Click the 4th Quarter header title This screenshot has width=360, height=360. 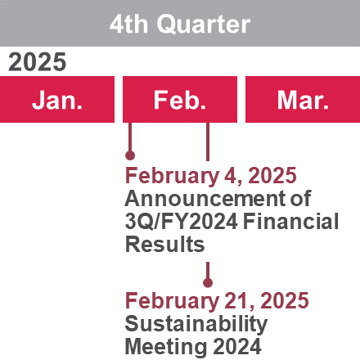click(180, 24)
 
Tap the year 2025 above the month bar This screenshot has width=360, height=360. click(38, 62)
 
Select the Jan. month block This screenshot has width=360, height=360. click(57, 99)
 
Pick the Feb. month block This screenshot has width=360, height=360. click(180, 99)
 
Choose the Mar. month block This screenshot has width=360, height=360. click(303, 99)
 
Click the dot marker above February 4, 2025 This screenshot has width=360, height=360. click(130, 155)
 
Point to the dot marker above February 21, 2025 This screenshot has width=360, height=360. click(208, 282)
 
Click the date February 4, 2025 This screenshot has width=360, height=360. click(211, 176)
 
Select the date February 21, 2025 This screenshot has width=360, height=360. click(217, 301)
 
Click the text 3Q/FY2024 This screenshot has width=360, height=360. click(182, 222)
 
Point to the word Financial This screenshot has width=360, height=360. click(290, 221)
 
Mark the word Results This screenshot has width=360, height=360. click(164, 244)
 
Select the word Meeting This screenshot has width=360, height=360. click(166, 347)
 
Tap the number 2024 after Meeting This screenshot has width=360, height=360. click(237, 346)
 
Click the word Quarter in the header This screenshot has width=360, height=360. click(204, 25)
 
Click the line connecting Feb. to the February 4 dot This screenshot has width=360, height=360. click(130, 137)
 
